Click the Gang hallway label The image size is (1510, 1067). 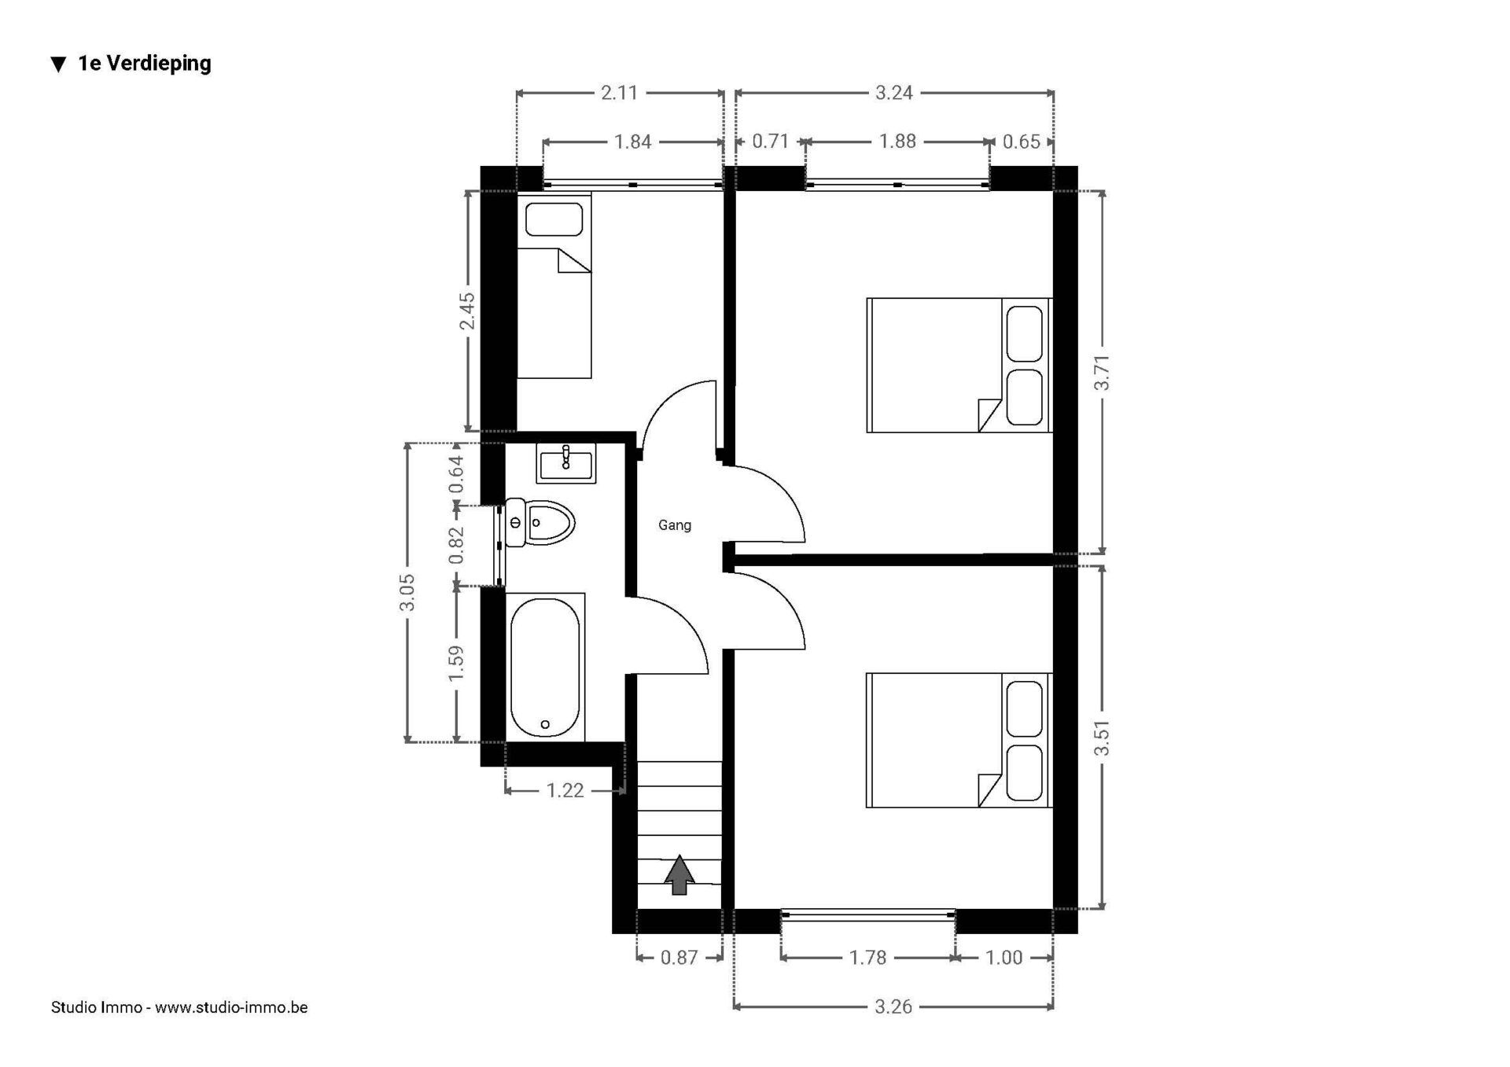tap(675, 525)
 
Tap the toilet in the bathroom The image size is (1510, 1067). tap(540, 522)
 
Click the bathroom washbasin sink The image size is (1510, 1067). tap(566, 463)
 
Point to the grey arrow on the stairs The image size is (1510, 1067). tap(679, 875)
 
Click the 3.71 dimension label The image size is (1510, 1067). tap(1103, 373)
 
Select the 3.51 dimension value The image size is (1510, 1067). tap(1103, 738)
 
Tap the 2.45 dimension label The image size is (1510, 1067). tap(468, 311)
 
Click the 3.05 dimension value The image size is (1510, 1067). tap(407, 593)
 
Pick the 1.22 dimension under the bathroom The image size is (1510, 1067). tap(565, 790)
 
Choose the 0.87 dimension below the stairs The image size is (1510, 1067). tap(679, 958)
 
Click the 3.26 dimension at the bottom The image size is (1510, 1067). tap(893, 1006)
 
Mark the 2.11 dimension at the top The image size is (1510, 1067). tap(619, 93)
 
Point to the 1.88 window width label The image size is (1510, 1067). tap(897, 142)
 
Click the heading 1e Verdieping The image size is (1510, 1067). tap(145, 64)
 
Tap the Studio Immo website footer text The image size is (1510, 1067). tap(179, 1007)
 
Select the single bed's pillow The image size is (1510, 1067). tap(554, 219)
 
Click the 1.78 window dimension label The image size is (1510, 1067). tap(867, 958)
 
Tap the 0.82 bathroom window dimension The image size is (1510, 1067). tap(456, 546)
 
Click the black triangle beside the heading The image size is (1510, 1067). tap(58, 64)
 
